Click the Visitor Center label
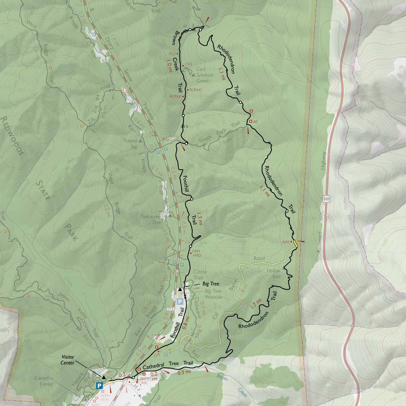68,360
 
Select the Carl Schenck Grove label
204,75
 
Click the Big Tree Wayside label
213,294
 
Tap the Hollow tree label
273,274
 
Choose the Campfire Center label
44,381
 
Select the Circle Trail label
200,274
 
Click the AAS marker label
285,242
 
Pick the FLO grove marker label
172,53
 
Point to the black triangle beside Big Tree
180,289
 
